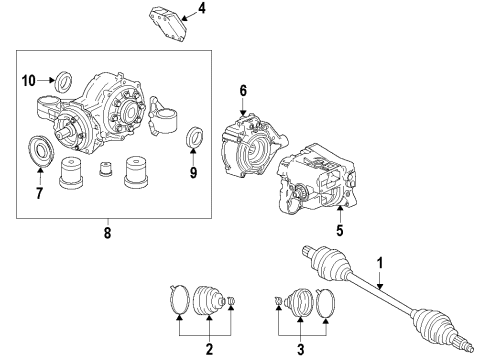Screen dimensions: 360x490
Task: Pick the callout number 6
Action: [241, 91]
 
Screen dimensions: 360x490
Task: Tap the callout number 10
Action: [29, 79]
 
